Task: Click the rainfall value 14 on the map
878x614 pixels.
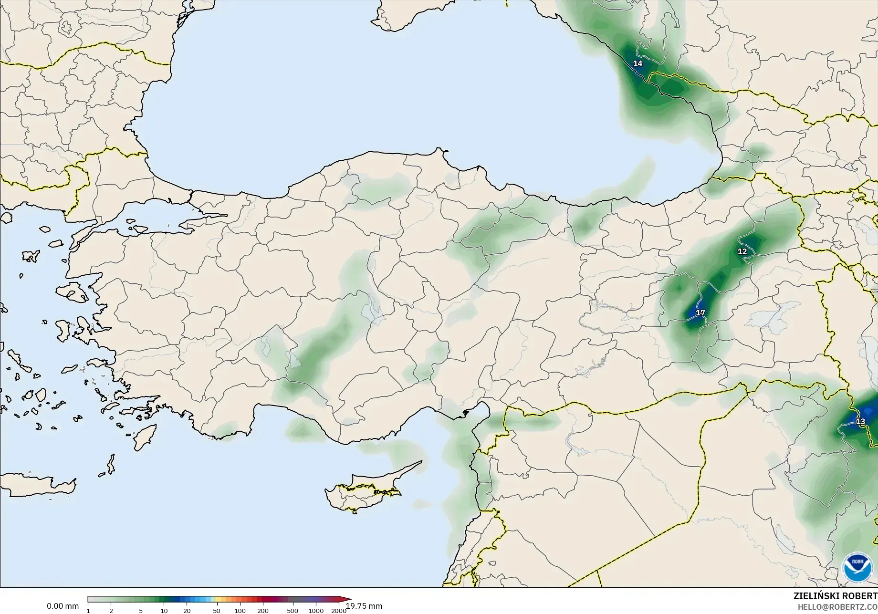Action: tap(638, 63)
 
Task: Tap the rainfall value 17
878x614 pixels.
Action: tap(700, 313)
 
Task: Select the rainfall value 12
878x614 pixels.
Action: tap(742, 251)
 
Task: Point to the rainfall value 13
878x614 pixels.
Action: tap(860, 422)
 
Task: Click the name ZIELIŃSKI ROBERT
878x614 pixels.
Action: tap(835, 596)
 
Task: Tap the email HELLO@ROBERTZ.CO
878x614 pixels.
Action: tap(837, 606)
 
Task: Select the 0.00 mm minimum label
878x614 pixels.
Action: tap(63, 606)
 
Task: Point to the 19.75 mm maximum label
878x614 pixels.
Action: tap(364, 606)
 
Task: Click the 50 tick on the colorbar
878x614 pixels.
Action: tap(217, 610)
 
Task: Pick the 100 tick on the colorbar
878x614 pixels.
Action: tap(240, 610)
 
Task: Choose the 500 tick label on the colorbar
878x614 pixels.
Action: tap(293, 610)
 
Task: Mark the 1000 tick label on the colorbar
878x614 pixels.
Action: tap(316, 610)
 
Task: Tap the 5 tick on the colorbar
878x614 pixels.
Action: tap(141, 610)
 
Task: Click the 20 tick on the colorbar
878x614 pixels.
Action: tap(187, 610)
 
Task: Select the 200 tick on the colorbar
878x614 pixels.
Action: tap(263, 610)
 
